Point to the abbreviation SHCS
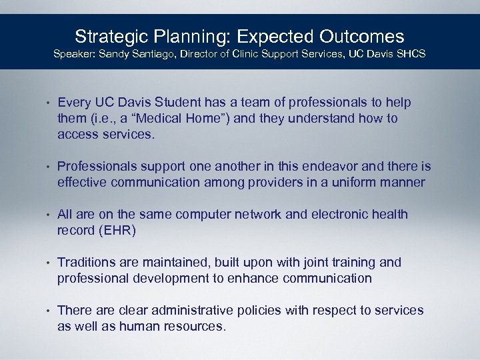click(411, 53)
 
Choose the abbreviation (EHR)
click(115, 231)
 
